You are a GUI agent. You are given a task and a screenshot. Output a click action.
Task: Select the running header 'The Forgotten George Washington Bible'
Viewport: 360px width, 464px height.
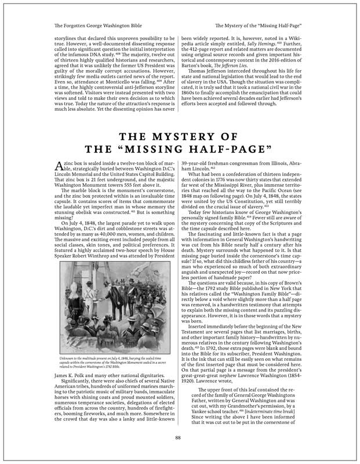click(x=90, y=26)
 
